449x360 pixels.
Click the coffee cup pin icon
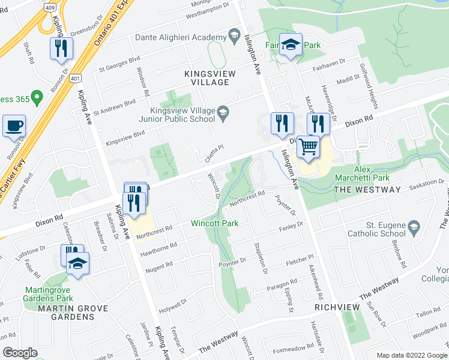click(14, 126)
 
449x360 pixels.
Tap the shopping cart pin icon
click(308, 146)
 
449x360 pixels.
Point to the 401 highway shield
click(75, 78)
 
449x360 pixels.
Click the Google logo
click(20, 352)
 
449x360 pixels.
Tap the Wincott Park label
click(214, 223)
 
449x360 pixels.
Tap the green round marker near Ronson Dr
click(37, 97)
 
